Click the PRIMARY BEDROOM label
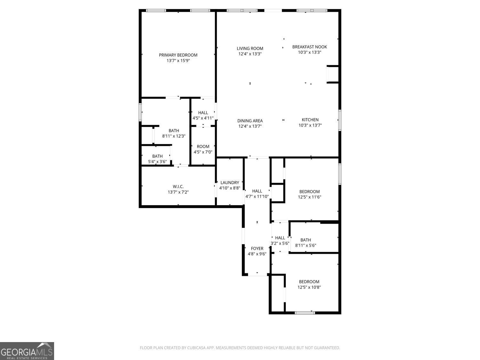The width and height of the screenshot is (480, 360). [178, 55]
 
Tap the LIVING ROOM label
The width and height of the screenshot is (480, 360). [250, 49]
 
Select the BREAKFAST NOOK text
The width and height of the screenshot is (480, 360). [309, 47]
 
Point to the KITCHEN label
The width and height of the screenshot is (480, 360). [310, 120]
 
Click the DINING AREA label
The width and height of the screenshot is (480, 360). [250, 121]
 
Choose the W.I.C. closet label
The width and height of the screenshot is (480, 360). [178, 187]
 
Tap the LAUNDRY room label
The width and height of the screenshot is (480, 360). [229, 183]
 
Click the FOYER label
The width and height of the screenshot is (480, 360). [257, 248]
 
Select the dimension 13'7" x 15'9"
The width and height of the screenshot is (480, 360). [178, 60]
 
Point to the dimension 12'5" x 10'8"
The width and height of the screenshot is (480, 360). [309, 287]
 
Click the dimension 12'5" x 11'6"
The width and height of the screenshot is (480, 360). [309, 197]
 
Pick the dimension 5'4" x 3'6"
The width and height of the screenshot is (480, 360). [157, 162]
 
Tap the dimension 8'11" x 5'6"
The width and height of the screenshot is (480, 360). [306, 245]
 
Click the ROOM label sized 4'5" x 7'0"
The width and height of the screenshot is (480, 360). [203, 147]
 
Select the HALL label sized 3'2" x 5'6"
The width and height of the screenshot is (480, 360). [280, 238]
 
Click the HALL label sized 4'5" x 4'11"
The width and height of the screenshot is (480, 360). [203, 113]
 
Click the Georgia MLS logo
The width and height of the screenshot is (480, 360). [27, 351]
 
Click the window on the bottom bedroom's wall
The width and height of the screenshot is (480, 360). [305, 312]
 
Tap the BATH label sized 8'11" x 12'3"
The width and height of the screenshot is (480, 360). [174, 131]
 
